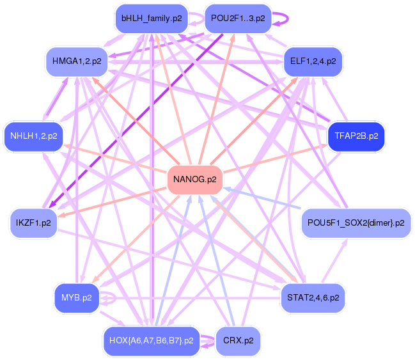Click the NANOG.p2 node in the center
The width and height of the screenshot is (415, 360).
(x=195, y=179)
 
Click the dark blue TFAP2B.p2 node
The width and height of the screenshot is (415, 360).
(x=356, y=136)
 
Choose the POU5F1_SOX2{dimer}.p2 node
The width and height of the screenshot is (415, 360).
(x=356, y=223)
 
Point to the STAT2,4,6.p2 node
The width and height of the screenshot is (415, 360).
(x=313, y=297)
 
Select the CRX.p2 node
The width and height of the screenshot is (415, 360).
(x=238, y=340)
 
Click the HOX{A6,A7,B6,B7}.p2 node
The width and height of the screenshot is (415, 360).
(x=152, y=340)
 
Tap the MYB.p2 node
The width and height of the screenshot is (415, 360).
(x=76, y=297)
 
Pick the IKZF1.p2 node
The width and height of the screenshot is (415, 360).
(x=33, y=223)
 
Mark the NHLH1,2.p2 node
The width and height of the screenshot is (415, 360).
(x=33, y=136)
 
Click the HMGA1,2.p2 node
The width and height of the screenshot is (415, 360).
(x=76, y=61)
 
